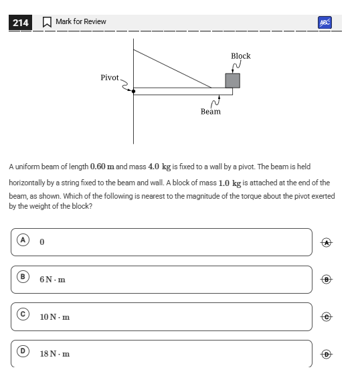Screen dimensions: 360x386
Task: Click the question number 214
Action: click(x=21, y=23)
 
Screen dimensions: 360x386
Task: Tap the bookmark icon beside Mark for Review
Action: click(x=47, y=22)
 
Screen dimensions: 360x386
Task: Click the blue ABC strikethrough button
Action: click(x=325, y=23)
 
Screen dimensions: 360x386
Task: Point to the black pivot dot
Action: click(x=133, y=92)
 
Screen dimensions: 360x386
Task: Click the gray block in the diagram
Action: click(x=232, y=80)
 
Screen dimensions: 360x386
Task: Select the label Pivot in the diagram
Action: click(x=110, y=78)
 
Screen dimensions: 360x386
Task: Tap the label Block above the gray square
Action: click(x=241, y=56)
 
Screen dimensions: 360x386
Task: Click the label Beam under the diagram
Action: click(x=211, y=112)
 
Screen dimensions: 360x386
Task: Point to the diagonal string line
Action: click(x=173, y=69)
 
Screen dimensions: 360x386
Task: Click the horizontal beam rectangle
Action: click(x=183, y=92)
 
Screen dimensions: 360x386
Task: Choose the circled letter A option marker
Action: click(x=23, y=239)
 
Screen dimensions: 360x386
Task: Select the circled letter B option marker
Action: click(x=23, y=277)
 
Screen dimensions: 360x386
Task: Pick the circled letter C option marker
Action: click(x=23, y=314)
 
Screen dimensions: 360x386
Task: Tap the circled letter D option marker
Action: click(x=23, y=351)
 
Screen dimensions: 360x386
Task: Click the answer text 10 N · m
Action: click(x=55, y=317)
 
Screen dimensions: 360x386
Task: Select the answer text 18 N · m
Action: click(x=55, y=354)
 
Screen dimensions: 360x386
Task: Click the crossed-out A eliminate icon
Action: click(x=327, y=243)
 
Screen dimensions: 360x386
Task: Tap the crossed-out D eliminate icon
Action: click(x=327, y=355)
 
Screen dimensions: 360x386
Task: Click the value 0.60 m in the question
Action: click(x=102, y=167)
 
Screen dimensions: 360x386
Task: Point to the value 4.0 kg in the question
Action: click(x=159, y=167)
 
